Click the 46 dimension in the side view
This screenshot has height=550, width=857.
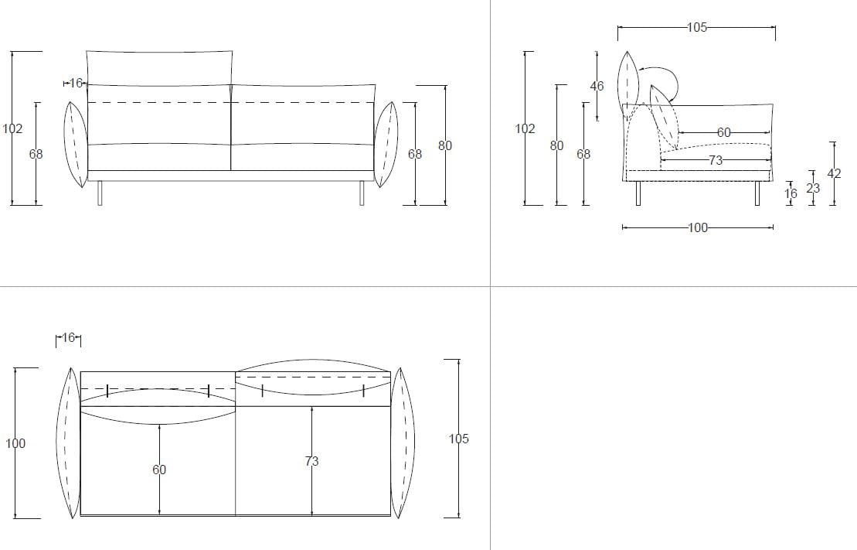597,86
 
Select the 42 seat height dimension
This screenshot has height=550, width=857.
834,173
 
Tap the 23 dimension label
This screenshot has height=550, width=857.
813,188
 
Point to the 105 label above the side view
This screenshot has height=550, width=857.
697,27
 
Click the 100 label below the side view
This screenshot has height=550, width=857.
697,227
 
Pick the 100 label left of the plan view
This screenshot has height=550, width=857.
15,443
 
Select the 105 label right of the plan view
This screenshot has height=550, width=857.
458,439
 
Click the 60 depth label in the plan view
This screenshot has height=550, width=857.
159,470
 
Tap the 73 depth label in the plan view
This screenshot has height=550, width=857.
311,461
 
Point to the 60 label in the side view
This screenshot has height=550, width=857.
723,132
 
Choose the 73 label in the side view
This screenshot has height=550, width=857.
716,160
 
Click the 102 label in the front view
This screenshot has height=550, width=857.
12,128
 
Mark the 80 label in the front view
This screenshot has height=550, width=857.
445,145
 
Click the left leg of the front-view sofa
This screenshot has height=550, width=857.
100,193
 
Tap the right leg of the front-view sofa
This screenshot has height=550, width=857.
362,193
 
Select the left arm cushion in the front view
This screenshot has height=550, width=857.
76,145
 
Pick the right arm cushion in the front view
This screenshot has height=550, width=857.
386,145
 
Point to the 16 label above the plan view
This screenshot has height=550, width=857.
68,337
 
